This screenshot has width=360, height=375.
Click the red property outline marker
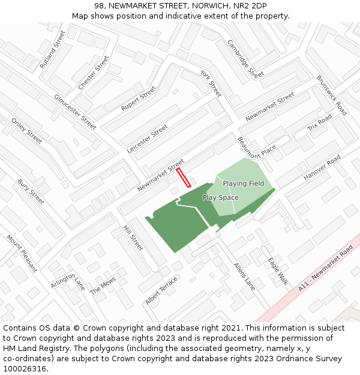coord(184,178)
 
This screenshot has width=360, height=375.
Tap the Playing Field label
coord(244,183)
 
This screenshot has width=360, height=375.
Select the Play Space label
coord(220,197)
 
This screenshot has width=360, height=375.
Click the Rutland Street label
coord(52,50)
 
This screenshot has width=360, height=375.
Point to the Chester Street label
coord(94,73)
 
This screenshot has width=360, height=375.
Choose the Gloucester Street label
coord(75,112)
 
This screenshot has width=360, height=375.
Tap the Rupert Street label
coord(138,98)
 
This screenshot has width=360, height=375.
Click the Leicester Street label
coord(148,139)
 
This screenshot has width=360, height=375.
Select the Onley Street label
coord(27,131)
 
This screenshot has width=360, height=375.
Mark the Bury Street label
coord(31,191)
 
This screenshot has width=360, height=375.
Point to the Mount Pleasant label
coord(22,253)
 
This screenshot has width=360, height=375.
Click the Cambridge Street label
coord(245,59)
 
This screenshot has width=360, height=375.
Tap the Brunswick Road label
coord(332,95)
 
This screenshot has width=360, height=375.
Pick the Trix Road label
coord(319,123)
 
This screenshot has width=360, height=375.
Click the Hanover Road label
coord(322,167)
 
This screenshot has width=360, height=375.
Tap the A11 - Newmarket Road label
coord(325,268)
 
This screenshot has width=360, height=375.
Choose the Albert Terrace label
coord(161,290)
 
